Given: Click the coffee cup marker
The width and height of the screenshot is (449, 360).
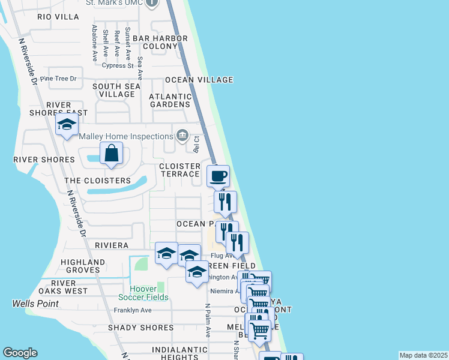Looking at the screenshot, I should tap(218, 176).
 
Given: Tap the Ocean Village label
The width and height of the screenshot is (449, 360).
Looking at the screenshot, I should tap(199, 80).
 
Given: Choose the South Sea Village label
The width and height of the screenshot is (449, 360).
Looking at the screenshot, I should tap(116, 90).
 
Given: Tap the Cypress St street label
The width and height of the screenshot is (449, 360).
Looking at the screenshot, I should tap(118, 66).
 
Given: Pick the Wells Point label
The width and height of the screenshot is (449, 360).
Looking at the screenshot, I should tap(35, 304).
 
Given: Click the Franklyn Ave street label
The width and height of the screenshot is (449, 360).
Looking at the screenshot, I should tap(133, 310).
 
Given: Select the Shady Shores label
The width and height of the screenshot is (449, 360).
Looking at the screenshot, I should tap(140, 328).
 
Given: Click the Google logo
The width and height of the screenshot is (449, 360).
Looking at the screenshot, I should tap(20, 353).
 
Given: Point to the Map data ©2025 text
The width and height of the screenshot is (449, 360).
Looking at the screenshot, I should tap(423, 355).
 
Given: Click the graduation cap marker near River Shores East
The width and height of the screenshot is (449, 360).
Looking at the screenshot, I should tap(67, 125).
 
